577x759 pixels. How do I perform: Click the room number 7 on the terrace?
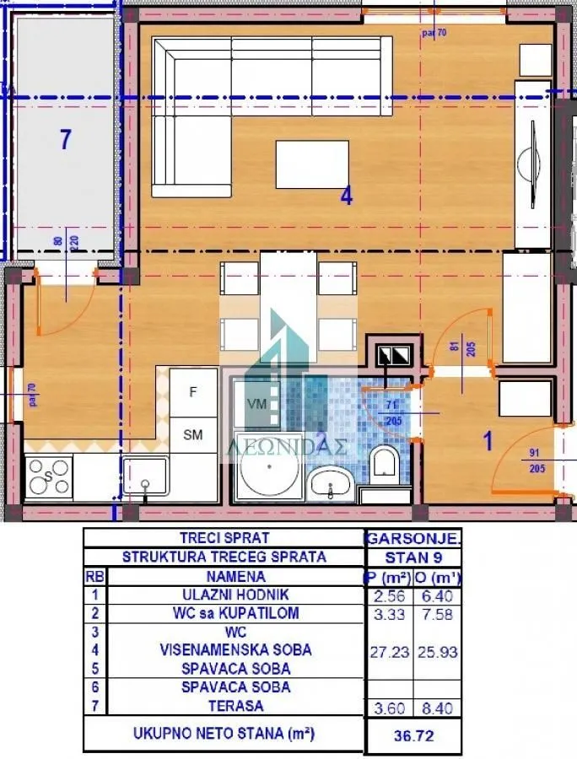coord(65,139)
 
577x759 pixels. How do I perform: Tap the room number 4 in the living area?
coord(346,196)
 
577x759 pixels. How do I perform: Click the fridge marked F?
coord(193,392)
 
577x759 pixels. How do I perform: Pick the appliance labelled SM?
coord(193,435)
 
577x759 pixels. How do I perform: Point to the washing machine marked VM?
coord(256,404)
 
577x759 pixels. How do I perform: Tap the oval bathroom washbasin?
coord(332,484)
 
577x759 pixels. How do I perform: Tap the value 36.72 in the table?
coord(414,736)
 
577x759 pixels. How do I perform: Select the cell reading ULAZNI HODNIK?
coord(223,595)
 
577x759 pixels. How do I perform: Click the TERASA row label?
coord(223,706)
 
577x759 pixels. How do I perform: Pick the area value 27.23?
coord(390,652)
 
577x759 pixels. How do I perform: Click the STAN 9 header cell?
coord(413,557)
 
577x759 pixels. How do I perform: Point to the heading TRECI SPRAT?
coord(223,537)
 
